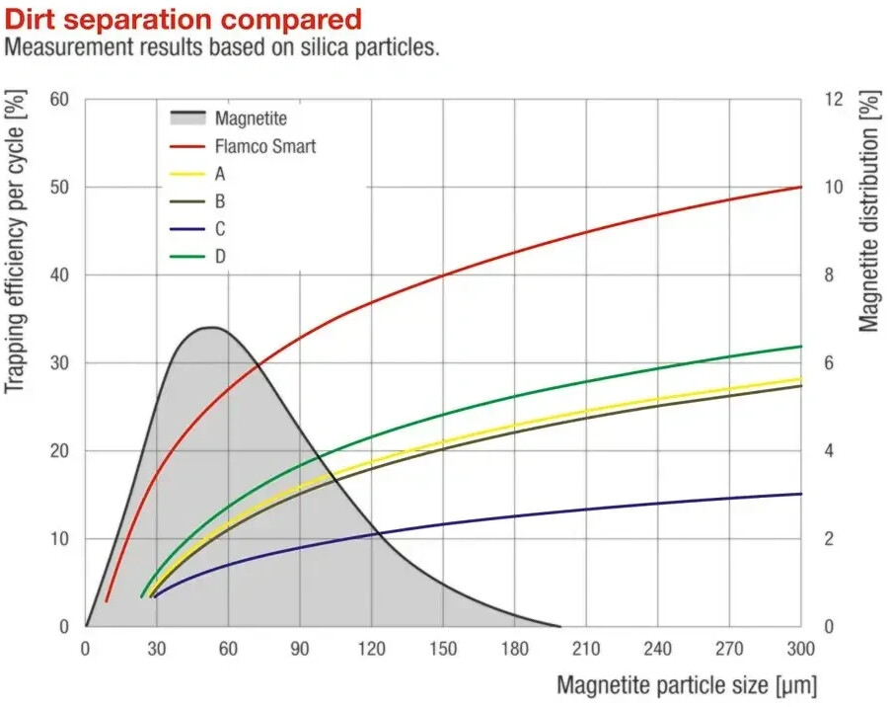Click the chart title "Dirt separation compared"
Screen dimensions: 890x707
pos(183,20)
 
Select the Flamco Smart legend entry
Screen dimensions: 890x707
pos(243,146)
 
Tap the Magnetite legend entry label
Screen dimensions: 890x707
pos(251,118)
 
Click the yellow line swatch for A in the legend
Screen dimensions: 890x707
pos(187,174)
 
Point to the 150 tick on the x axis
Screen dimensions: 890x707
pos(443,649)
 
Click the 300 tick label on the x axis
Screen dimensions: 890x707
pos(801,649)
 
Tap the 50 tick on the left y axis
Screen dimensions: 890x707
pos(59,187)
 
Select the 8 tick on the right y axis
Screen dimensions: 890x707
pos(829,275)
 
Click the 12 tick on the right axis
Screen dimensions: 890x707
pos(834,100)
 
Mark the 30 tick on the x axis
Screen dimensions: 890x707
pos(157,649)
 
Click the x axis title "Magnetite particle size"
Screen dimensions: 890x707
pos(662,685)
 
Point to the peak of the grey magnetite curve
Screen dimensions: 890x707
pos(211,327)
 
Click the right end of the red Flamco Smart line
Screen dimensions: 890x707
pos(801,187)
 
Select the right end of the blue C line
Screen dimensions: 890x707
pos(801,494)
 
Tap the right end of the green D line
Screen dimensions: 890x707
pos(801,346)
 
